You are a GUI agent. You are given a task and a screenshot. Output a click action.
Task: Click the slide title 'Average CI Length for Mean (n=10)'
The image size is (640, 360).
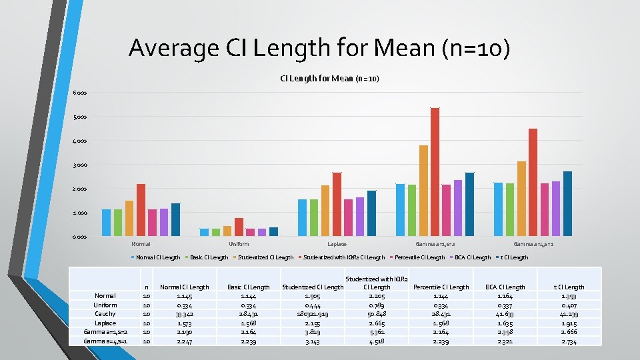tap(319, 48)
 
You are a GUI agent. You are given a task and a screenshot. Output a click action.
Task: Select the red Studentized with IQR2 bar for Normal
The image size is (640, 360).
tap(141, 210)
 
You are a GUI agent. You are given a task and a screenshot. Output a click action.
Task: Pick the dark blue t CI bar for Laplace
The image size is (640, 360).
tap(371, 213)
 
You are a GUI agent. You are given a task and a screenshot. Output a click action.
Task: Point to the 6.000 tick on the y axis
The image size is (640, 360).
tap(80, 93)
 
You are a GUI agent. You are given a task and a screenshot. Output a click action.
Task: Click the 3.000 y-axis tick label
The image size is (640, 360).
tap(80, 165)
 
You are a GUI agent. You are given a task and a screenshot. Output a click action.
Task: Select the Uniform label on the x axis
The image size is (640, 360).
tap(239, 245)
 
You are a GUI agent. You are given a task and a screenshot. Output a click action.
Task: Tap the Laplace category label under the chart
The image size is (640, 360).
tap(337, 245)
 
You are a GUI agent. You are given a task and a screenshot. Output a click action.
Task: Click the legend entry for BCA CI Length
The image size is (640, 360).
tap(472, 257)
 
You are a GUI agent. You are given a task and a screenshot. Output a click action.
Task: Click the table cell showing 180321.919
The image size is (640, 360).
tap(312, 314)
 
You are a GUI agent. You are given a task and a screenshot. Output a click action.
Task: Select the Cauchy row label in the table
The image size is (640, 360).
tap(105, 314)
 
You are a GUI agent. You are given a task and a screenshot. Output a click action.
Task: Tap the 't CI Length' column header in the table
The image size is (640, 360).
tap(571, 287)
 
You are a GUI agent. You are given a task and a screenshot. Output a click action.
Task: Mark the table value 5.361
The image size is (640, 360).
tap(377, 332)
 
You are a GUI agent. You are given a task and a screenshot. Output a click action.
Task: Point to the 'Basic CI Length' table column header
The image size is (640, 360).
tap(248, 287)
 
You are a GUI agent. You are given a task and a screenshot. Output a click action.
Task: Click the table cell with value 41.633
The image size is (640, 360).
tap(506, 314)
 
